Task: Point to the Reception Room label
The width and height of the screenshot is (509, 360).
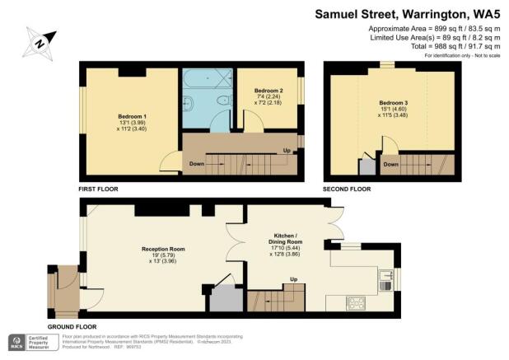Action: (163, 250)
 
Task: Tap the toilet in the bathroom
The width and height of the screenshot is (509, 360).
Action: (222, 102)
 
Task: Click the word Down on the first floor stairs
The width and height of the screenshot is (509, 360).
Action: (196, 163)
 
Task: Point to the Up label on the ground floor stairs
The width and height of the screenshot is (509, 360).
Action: (292, 280)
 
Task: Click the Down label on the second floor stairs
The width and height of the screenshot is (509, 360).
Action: (391, 164)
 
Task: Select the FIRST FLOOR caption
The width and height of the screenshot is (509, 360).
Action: (98, 189)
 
